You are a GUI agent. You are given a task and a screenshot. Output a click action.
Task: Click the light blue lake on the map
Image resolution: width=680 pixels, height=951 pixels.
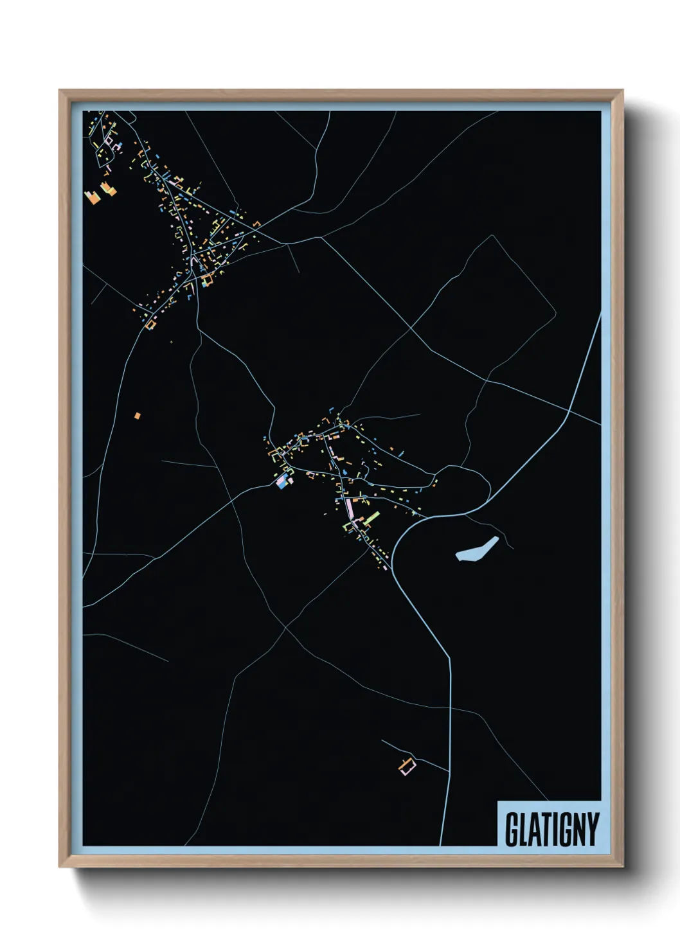click(x=477, y=549)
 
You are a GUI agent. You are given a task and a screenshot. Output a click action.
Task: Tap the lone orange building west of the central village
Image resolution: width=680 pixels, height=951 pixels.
click(x=137, y=415)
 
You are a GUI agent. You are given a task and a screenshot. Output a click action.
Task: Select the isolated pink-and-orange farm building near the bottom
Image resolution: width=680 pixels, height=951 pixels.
click(x=407, y=766)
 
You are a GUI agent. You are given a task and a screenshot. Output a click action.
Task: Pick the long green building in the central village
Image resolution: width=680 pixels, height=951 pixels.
click(x=371, y=517)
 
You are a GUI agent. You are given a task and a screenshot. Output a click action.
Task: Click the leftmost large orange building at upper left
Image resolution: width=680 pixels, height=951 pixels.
click(x=92, y=195)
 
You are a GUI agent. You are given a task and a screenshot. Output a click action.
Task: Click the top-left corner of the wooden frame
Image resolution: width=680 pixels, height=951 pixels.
click(x=60, y=91)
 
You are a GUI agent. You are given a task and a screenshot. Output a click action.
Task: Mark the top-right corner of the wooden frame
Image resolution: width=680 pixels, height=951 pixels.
click(x=622, y=91)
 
